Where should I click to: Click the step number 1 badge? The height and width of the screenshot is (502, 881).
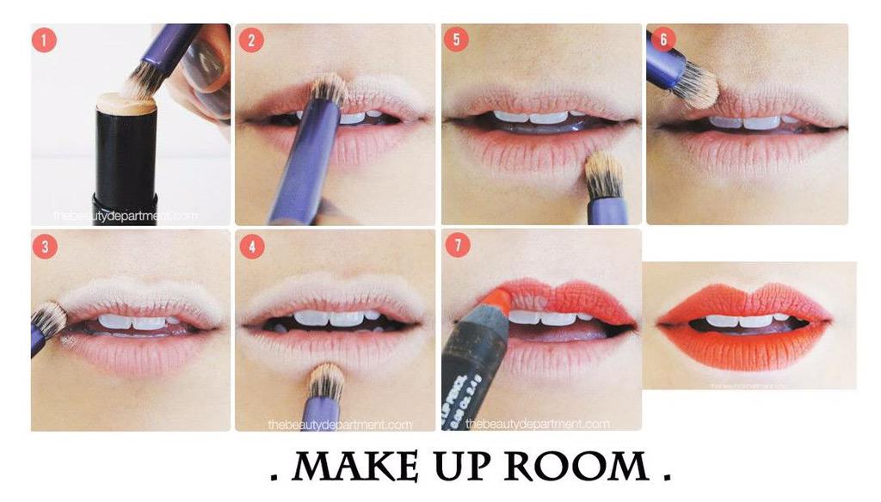click(x=44, y=40)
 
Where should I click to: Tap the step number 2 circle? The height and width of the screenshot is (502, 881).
click(x=251, y=40)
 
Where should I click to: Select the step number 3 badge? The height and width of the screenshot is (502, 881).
click(x=44, y=247)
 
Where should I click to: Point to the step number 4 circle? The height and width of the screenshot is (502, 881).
click(x=251, y=247)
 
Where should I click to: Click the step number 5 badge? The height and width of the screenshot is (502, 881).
click(x=457, y=40)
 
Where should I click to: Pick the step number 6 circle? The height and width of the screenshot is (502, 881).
click(x=662, y=40)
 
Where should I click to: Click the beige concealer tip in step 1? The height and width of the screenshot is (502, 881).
click(x=126, y=104)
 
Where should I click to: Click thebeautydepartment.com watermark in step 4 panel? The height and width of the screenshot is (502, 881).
click(x=340, y=424)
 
